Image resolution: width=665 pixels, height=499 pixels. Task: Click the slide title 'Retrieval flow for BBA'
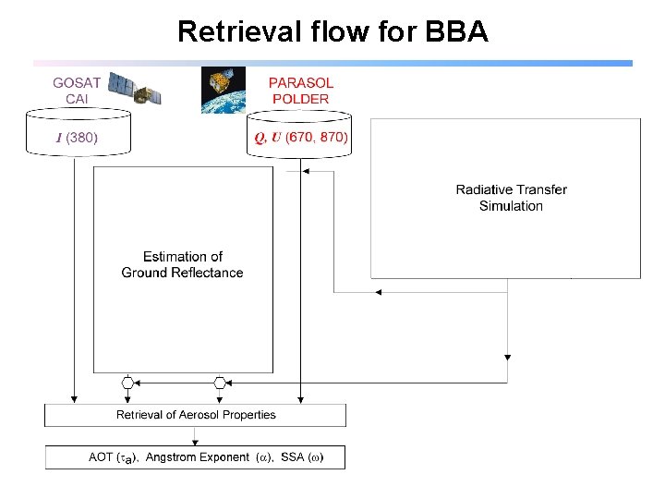point(332,31)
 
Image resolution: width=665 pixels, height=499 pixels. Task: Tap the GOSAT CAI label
point(77,90)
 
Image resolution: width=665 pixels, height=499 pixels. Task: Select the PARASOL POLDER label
point(299,91)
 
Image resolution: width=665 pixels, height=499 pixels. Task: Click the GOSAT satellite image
point(135,90)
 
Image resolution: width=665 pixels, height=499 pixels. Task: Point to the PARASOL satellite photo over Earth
point(224,90)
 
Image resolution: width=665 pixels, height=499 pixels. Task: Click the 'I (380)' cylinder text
point(77,138)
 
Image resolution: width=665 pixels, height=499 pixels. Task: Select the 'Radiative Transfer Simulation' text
point(511,198)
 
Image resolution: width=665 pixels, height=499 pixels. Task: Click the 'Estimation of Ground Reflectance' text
point(182,264)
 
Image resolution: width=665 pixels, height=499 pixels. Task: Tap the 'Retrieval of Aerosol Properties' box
point(196,415)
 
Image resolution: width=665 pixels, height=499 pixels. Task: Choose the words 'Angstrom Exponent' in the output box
point(198,457)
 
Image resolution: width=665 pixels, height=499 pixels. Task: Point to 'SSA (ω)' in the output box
point(302,457)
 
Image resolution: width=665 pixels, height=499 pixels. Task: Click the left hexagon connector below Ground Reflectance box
point(128,382)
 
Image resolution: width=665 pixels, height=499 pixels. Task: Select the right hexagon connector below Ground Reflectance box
point(220,382)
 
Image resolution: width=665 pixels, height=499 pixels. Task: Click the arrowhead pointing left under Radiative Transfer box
point(377,292)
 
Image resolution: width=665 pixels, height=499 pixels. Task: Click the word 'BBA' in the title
point(456,31)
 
